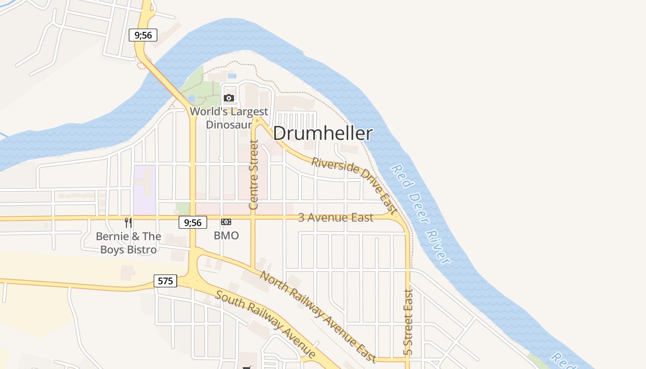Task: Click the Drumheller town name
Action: pyautogui.click(x=323, y=133)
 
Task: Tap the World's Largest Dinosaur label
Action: pyautogui.click(x=229, y=118)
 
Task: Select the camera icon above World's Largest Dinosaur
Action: pyautogui.click(x=228, y=98)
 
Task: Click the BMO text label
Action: pyautogui.click(x=226, y=236)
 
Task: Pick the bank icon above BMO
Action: pyautogui.click(x=226, y=222)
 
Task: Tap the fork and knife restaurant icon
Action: pyautogui.click(x=128, y=223)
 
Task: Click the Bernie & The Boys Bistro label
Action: pyautogui.click(x=128, y=243)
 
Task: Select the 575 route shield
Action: pyautogui.click(x=165, y=280)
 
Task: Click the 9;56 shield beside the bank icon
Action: pyautogui.click(x=193, y=222)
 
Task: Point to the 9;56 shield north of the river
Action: pyautogui.click(x=143, y=35)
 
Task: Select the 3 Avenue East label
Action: pyautogui.click(x=335, y=217)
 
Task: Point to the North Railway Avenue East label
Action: pyautogui.click(x=318, y=316)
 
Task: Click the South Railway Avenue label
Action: pyautogui.click(x=266, y=324)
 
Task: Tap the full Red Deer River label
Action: pyautogui.click(x=420, y=214)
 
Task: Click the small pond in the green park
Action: pyautogui.click(x=191, y=98)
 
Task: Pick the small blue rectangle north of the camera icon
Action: pyautogui.click(x=232, y=76)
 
